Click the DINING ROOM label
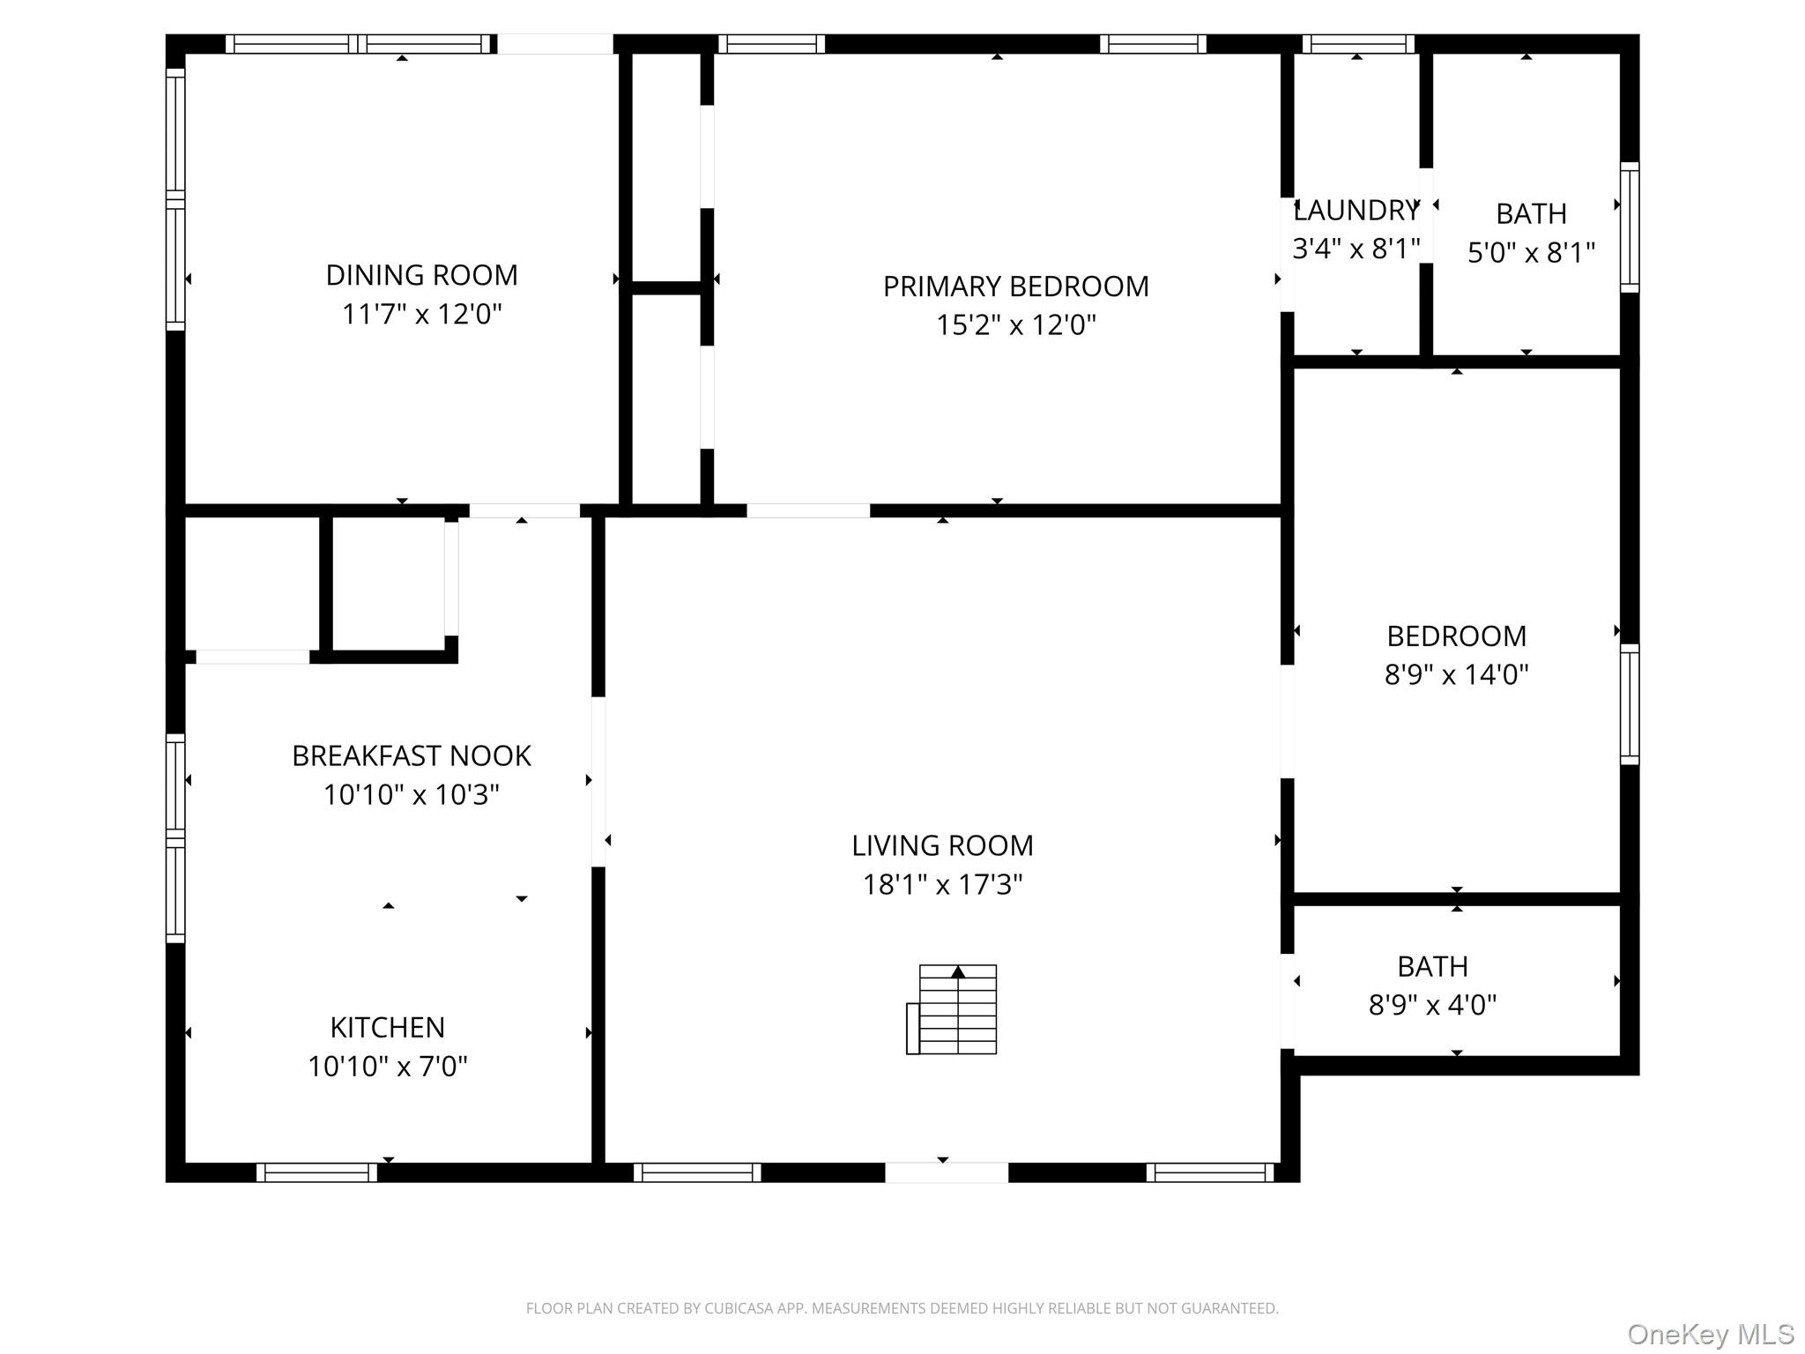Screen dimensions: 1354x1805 tap(421, 275)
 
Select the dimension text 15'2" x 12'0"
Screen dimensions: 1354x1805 tap(1015, 325)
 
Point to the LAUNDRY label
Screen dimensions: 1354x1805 tap(1356, 211)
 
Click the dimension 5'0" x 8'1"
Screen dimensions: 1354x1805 tap(1531, 253)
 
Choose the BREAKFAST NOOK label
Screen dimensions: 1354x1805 tap(412, 756)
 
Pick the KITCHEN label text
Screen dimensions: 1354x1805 tap(387, 1027)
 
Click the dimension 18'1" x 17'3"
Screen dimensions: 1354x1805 tap(942, 884)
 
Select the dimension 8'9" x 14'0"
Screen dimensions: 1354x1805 tap(1456, 674)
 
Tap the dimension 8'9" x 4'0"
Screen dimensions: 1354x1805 tap(1432, 1005)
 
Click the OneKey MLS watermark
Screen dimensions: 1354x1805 tap(1710, 1335)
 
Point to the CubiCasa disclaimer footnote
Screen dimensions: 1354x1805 tap(902, 1308)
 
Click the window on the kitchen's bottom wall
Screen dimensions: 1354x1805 tap(316, 1172)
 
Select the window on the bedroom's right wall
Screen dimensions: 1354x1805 tap(1630, 703)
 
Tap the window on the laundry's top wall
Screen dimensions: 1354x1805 tap(1357, 44)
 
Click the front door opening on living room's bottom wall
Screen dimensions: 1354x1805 tap(946, 1172)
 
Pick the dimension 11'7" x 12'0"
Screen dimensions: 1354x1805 tap(421, 314)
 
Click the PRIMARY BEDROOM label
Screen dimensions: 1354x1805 tap(1015, 286)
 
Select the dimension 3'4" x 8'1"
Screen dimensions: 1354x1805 tap(1356, 249)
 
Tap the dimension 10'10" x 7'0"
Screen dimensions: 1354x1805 tap(387, 1067)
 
